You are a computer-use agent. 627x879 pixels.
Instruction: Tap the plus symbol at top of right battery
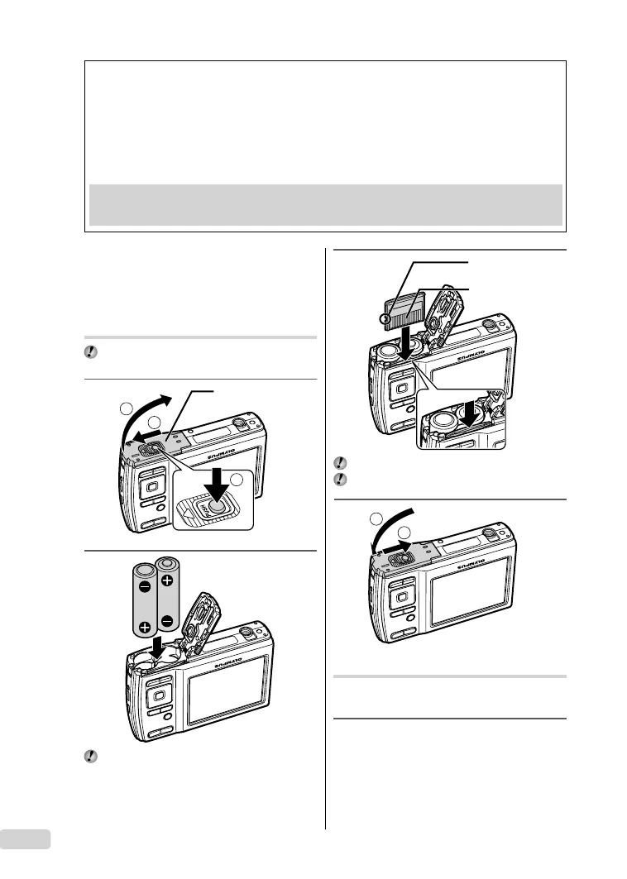tap(168, 581)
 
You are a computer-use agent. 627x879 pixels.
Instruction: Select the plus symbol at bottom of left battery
tap(145, 626)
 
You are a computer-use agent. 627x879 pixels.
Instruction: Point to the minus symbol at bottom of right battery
tap(168, 620)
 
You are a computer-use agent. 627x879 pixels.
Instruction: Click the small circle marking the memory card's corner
tap(385, 319)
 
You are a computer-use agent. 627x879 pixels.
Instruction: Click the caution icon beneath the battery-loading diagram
tap(91, 757)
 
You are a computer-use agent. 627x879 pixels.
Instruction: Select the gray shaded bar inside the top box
tap(325, 203)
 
